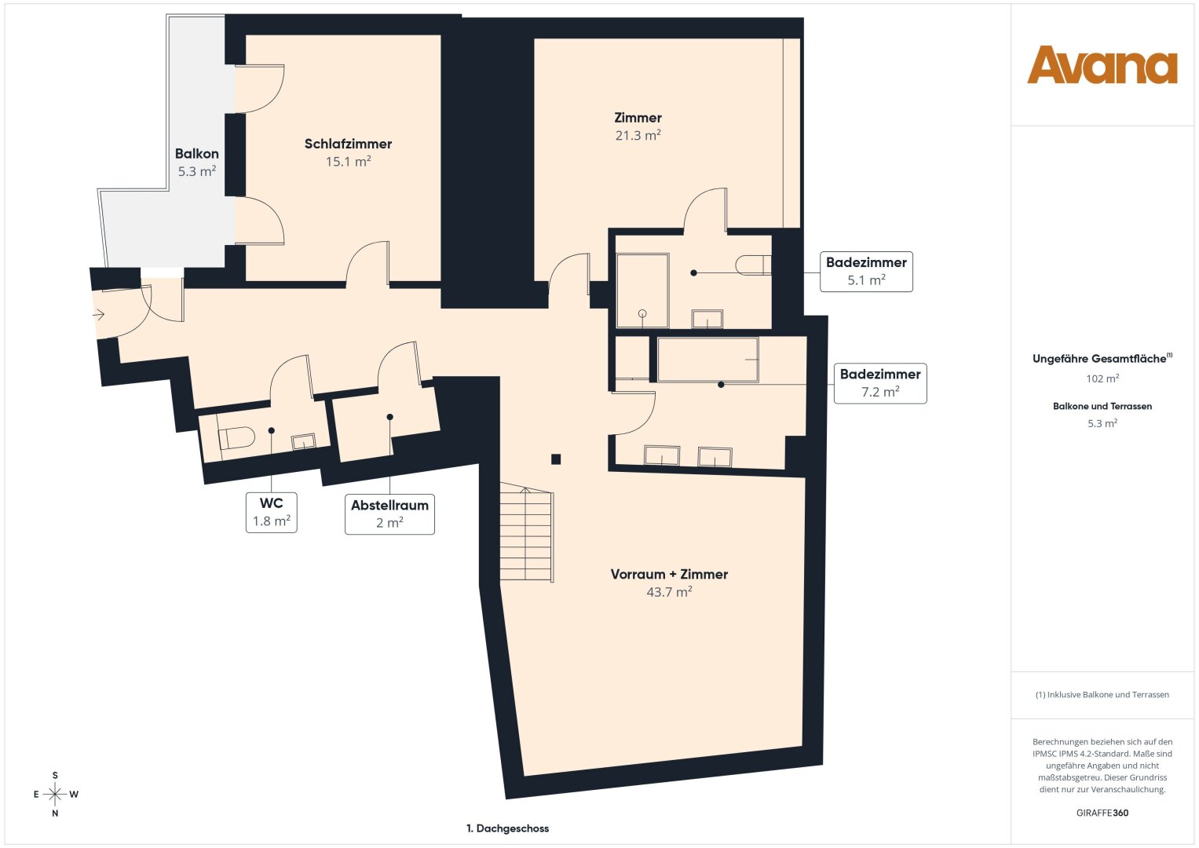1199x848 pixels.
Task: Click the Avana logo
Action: click(x=1102, y=64)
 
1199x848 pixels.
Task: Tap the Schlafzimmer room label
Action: click(x=348, y=144)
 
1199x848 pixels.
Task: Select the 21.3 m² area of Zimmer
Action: click(x=638, y=135)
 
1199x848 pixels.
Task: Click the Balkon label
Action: click(x=196, y=154)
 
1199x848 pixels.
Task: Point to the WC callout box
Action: click(x=272, y=512)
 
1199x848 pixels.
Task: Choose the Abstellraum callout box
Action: click(x=389, y=514)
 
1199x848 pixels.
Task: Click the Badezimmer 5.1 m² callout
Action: click(x=866, y=272)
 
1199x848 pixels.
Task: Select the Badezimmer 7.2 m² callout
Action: click(x=880, y=383)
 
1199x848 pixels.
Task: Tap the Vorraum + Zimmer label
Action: click(x=669, y=574)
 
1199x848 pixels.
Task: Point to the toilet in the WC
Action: click(x=236, y=438)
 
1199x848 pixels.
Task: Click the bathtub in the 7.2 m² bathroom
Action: click(x=707, y=360)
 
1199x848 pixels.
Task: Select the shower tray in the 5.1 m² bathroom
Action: click(x=642, y=291)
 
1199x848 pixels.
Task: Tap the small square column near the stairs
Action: click(x=556, y=459)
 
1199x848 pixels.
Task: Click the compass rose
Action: click(x=55, y=794)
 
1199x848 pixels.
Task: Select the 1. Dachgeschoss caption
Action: click(x=507, y=828)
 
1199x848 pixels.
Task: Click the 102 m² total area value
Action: click(x=1102, y=378)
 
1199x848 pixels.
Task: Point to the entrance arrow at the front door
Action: click(x=98, y=315)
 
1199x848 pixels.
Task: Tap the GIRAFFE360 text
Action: click(x=1102, y=813)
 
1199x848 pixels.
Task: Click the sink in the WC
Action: click(x=304, y=441)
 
